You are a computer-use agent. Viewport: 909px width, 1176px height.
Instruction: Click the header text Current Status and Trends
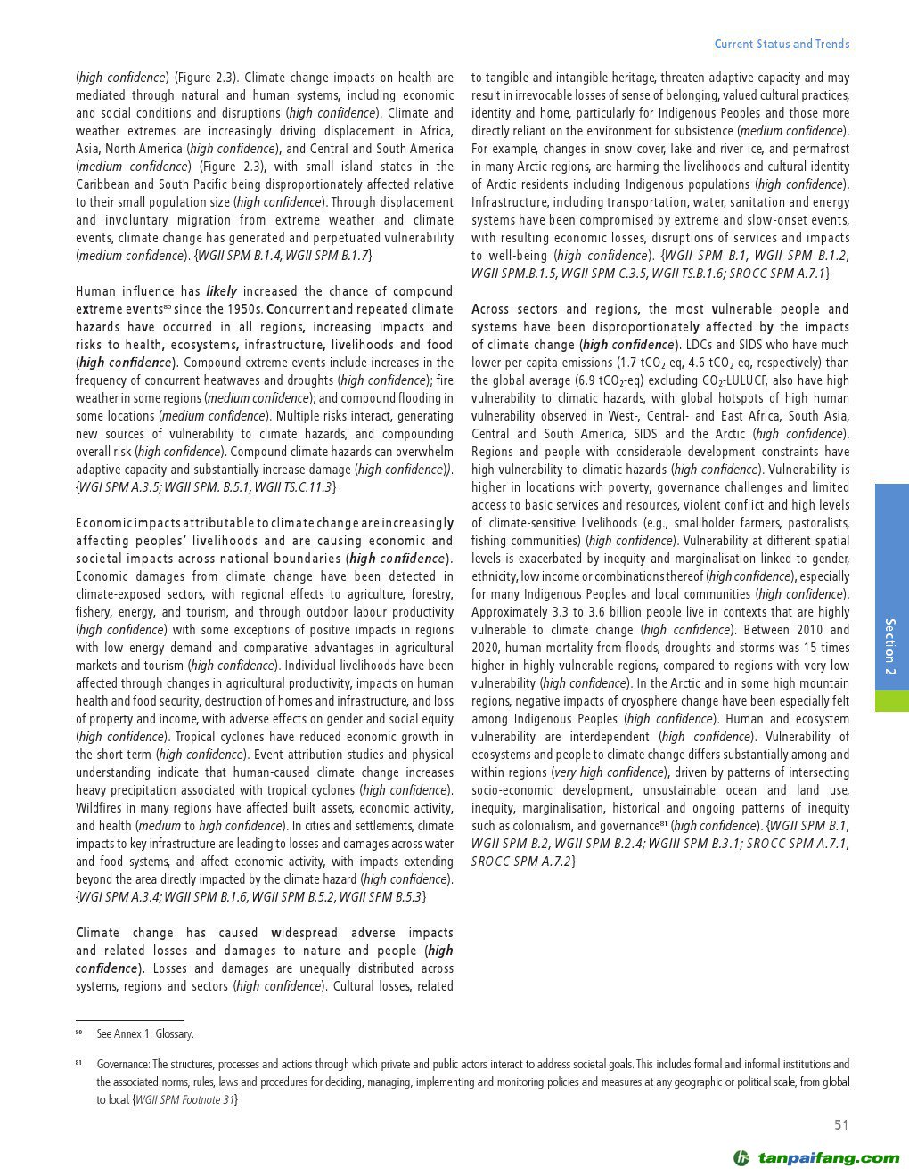782,44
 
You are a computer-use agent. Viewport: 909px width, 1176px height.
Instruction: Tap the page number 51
841,1125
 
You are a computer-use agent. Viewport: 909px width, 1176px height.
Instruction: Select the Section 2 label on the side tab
889,646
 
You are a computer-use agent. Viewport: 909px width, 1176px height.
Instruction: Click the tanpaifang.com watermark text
829,1158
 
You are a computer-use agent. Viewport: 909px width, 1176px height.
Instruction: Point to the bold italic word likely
222,291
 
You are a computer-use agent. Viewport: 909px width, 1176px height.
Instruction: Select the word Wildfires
102,808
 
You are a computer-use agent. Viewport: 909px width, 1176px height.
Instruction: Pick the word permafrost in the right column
819,149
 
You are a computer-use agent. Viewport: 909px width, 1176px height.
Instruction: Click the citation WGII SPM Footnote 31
185,1099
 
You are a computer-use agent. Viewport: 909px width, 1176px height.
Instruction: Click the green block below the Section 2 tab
891,700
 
